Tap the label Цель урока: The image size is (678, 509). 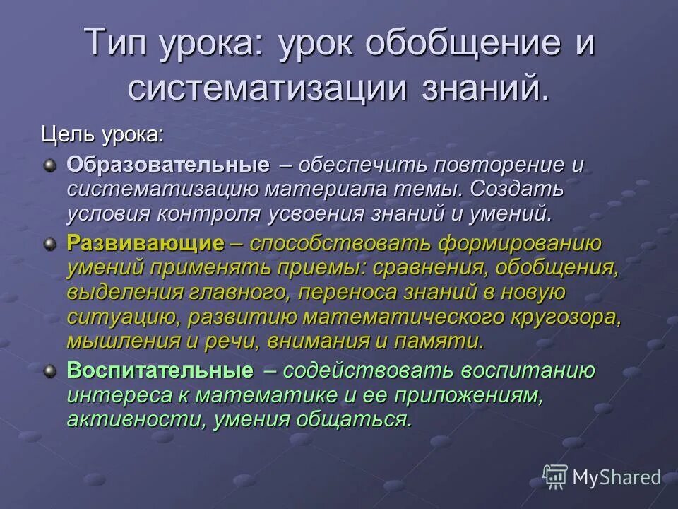(x=102, y=134)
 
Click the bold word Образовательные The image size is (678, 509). (x=168, y=165)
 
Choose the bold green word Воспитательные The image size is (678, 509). (x=160, y=370)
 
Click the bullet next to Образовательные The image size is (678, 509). (x=49, y=166)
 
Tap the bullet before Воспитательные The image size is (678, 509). (x=49, y=371)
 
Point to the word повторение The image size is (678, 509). (x=498, y=165)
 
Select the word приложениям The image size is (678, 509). (x=486, y=395)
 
